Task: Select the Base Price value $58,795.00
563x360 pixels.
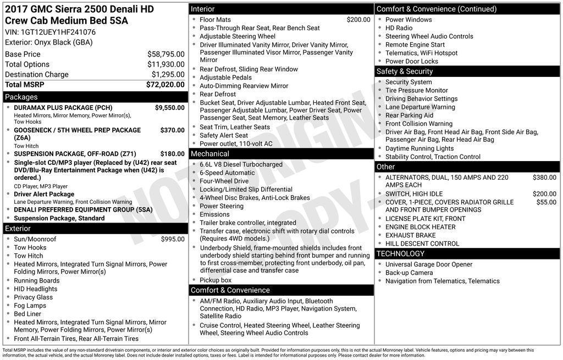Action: [x=165, y=54]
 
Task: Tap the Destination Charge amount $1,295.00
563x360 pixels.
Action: [x=168, y=74]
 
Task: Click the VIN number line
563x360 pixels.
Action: [x=50, y=32]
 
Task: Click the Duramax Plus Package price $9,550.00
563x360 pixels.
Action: [x=169, y=108]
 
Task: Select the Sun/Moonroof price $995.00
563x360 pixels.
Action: [x=173, y=239]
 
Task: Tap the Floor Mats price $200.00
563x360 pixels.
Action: [x=358, y=20]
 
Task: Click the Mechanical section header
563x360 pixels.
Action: [x=210, y=154]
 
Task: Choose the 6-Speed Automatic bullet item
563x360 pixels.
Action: [x=227, y=173]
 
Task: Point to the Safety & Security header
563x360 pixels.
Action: [x=405, y=71]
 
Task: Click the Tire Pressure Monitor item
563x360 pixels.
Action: [x=416, y=90]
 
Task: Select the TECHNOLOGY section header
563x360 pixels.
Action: [x=400, y=253]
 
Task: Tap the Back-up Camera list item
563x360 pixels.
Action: [x=409, y=273]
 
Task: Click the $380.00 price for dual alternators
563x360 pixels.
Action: [x=544, y=178]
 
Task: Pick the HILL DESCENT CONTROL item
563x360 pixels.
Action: [x=422, y=243]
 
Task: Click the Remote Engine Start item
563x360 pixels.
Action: [x=415, y=45]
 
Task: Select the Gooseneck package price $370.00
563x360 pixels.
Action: [x=172, y=130]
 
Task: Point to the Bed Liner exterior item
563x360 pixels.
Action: [x=27, y=314]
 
